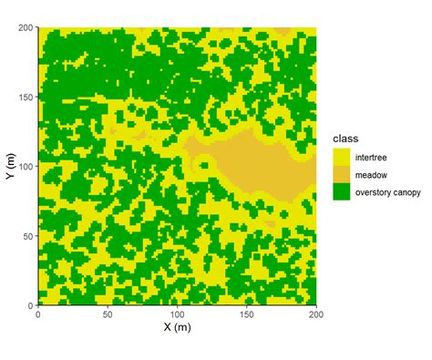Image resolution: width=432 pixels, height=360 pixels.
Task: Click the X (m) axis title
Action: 176,327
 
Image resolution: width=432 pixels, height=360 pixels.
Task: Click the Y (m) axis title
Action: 10,166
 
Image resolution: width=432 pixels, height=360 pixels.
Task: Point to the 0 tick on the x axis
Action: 37,314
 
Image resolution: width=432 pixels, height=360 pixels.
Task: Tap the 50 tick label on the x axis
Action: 107,314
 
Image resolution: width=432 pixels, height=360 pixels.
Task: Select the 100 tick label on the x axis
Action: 176,314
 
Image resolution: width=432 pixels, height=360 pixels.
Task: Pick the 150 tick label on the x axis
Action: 246,314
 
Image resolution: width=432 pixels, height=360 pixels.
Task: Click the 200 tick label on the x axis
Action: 315,314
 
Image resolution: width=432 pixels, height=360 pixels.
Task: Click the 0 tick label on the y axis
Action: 29,304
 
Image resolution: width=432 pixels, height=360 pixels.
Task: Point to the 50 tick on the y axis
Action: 26,235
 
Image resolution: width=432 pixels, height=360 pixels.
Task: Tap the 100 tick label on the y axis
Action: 24,166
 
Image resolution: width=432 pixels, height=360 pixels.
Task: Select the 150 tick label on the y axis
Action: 24,97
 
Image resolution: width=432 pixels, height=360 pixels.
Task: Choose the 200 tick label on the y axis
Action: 24,27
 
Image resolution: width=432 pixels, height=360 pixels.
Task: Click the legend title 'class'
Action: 345,138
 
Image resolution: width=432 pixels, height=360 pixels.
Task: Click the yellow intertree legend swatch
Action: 342,156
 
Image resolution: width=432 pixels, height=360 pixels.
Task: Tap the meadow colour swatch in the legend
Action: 342,174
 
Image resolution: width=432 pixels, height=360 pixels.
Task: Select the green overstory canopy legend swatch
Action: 342,192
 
